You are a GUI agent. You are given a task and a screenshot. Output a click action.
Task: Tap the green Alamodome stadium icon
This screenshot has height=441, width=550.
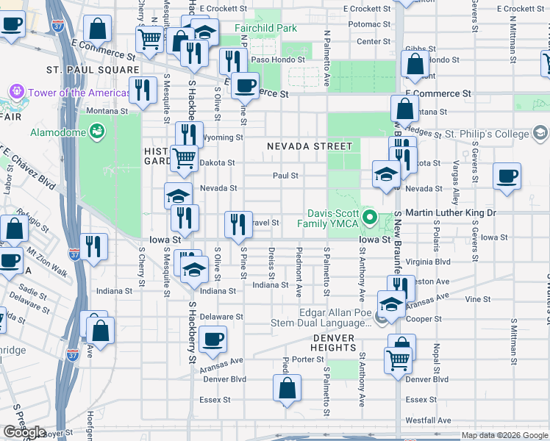96,132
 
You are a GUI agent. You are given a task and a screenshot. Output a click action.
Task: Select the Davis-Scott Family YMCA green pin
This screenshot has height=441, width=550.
372,218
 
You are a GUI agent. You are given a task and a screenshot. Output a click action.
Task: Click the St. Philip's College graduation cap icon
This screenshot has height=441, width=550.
540,134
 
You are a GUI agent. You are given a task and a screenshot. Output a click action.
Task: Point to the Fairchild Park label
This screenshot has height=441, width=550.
265,28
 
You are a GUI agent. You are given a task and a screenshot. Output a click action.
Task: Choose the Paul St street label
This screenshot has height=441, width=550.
285,176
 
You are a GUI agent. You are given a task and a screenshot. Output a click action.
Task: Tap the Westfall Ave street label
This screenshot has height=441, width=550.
426,420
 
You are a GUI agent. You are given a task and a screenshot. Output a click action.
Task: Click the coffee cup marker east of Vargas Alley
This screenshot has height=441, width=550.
507,177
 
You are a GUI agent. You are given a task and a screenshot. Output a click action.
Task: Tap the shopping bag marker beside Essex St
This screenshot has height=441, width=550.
287,389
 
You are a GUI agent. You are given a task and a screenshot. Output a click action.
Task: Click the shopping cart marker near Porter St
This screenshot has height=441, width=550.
398,361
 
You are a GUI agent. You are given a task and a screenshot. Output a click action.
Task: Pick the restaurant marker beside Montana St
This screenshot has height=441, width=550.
143,90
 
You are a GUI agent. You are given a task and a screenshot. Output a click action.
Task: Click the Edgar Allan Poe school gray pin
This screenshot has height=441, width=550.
379,317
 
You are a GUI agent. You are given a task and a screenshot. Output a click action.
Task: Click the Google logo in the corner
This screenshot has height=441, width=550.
24,432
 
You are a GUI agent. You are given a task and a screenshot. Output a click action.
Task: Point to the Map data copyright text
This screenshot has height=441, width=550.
504,435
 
